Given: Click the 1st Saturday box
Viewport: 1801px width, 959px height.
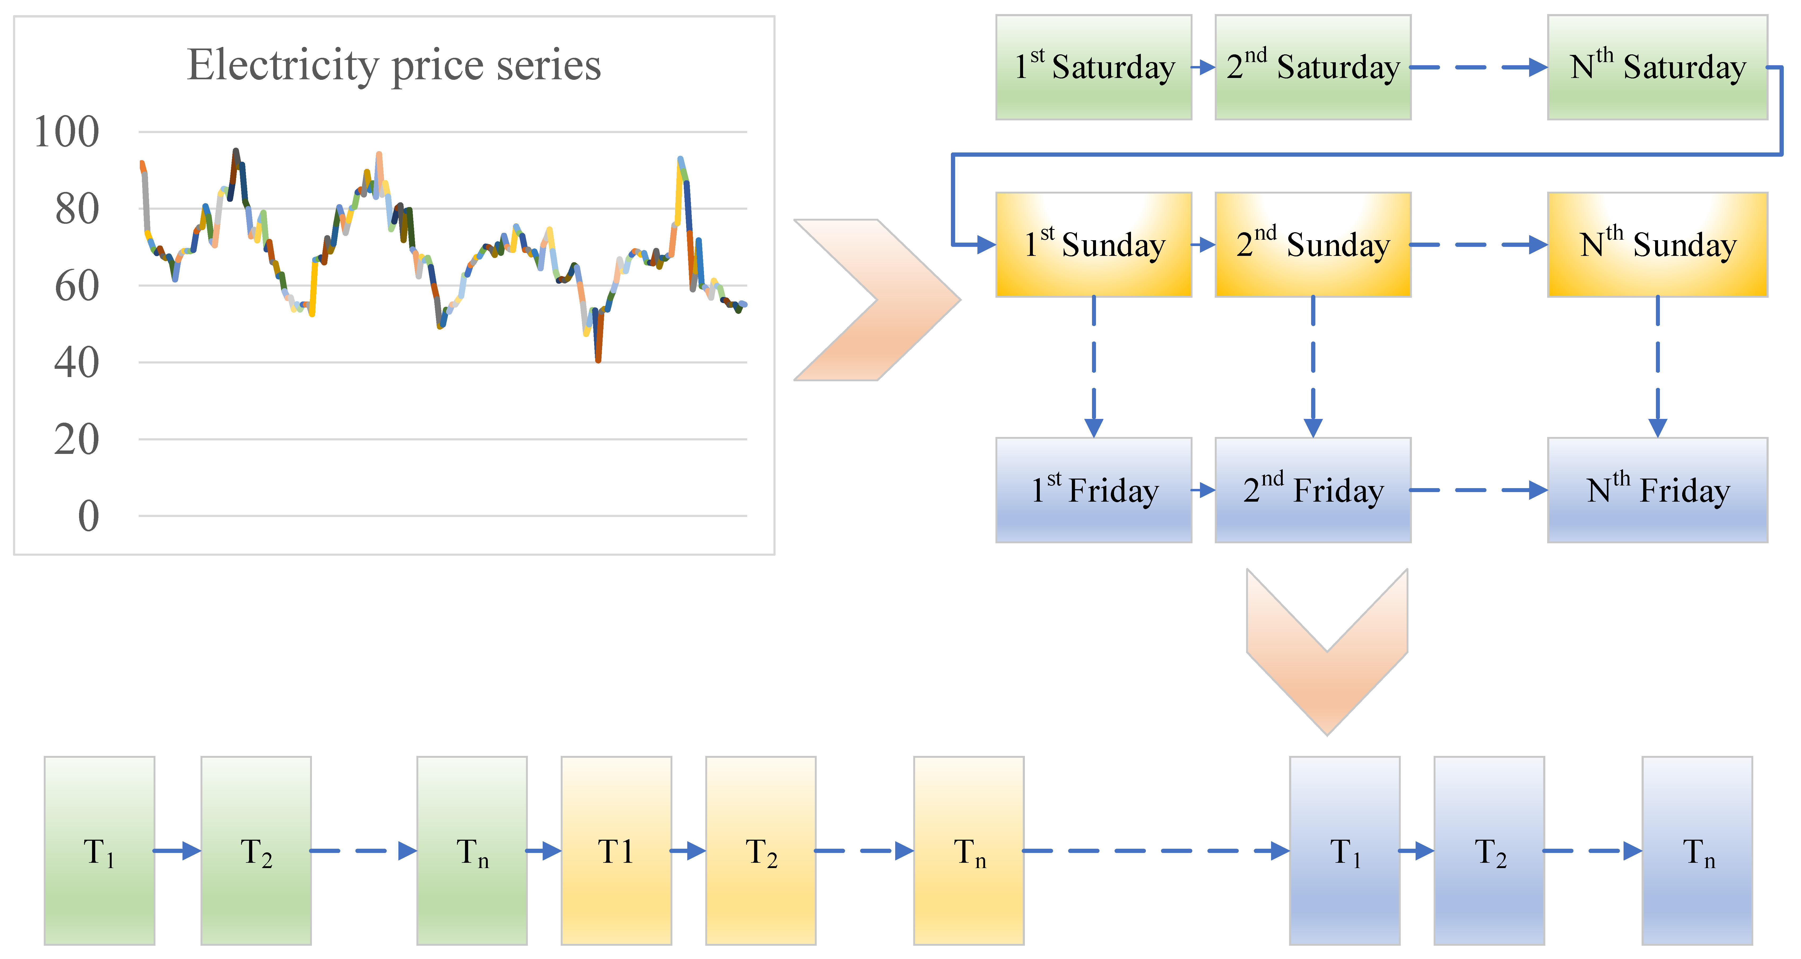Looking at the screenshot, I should click(1093, 67).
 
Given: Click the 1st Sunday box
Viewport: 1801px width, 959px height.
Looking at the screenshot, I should click(1093, 245).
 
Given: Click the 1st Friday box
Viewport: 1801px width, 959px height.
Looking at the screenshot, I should click(1093, 490).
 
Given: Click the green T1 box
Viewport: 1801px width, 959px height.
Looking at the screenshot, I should click(99, 851).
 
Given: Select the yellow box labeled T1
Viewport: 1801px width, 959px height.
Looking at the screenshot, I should click(616, 851).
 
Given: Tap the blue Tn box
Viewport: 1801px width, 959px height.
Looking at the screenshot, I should click(1697, 851).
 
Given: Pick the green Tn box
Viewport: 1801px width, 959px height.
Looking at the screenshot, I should click(472, 851).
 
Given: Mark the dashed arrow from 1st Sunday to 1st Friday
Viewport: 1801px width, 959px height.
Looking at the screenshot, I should click(1093, 367).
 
